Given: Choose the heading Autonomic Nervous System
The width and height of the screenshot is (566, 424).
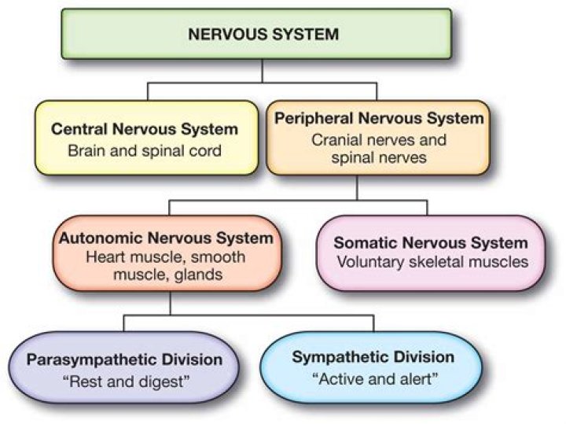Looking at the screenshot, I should pos(171,238).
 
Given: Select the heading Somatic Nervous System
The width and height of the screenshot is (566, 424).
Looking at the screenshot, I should pos(431,244).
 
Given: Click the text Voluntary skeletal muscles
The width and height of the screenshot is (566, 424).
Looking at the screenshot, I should pos(431,263).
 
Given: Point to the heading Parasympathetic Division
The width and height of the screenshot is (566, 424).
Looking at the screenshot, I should pos(124,360).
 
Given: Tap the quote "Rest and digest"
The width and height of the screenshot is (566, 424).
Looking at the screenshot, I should pos(124,382).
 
